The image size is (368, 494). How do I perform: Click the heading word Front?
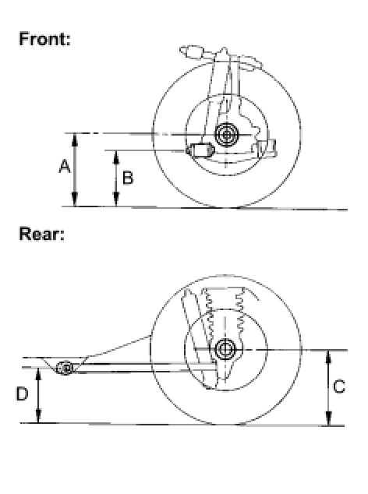coord(44,39)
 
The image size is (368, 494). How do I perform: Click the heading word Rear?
coord(41,234)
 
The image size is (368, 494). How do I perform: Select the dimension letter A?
coord(65,167)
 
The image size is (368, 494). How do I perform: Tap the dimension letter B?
coord(128,178)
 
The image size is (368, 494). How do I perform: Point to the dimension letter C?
coord(339,386)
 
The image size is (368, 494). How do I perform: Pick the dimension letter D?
coord(22,393)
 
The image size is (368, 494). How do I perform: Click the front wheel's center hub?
coord(226,135)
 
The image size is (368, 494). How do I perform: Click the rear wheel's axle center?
coord(225,349)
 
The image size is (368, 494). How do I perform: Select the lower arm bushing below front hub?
coord(200,150)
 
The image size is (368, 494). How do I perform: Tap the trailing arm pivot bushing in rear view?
coord(65,368)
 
